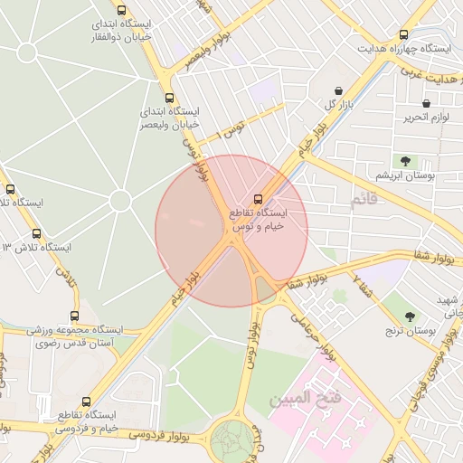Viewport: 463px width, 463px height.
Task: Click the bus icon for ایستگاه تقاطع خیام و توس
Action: [x=258, y=198]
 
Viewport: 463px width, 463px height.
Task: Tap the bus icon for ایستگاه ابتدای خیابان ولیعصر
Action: [x=168, y=98]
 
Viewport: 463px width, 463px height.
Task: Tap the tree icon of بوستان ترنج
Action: [x=410, y=316]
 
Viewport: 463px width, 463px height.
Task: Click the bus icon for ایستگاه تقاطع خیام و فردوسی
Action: [x=86, y=402]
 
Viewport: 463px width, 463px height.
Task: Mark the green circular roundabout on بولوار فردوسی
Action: [x=237, y=440]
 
